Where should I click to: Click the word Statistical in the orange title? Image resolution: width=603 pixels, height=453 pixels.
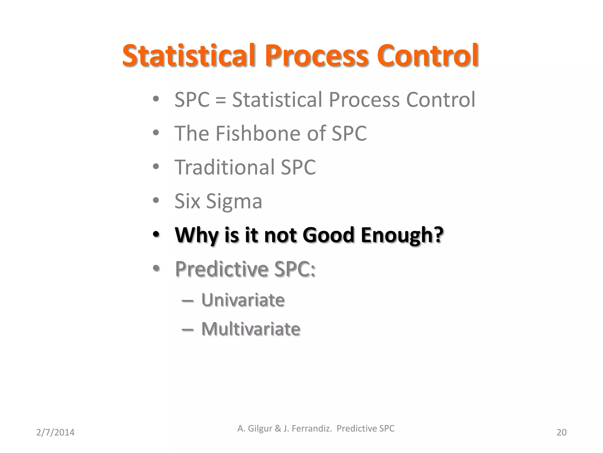188,55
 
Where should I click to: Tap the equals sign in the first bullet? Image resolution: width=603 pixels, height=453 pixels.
221,100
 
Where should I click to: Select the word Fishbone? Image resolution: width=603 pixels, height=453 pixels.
258,133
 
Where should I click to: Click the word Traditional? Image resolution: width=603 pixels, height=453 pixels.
224,167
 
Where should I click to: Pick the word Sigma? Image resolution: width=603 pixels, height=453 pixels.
234,202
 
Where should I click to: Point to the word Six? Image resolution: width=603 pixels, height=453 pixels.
187,201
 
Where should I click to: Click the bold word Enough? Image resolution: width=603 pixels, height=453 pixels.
402,235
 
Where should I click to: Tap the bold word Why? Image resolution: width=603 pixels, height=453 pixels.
197,235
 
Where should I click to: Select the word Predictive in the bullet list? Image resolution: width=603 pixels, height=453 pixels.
221,269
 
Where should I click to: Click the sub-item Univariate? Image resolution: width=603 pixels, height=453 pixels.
243,300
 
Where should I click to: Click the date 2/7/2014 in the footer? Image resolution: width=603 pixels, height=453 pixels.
55,432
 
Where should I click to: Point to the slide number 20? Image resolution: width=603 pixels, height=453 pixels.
561,432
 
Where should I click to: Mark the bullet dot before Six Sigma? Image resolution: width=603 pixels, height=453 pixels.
156,201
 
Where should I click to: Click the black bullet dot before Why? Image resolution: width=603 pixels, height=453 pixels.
156,235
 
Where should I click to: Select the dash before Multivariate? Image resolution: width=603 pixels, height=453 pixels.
188,329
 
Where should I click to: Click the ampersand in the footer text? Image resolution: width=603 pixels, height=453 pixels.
278,429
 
